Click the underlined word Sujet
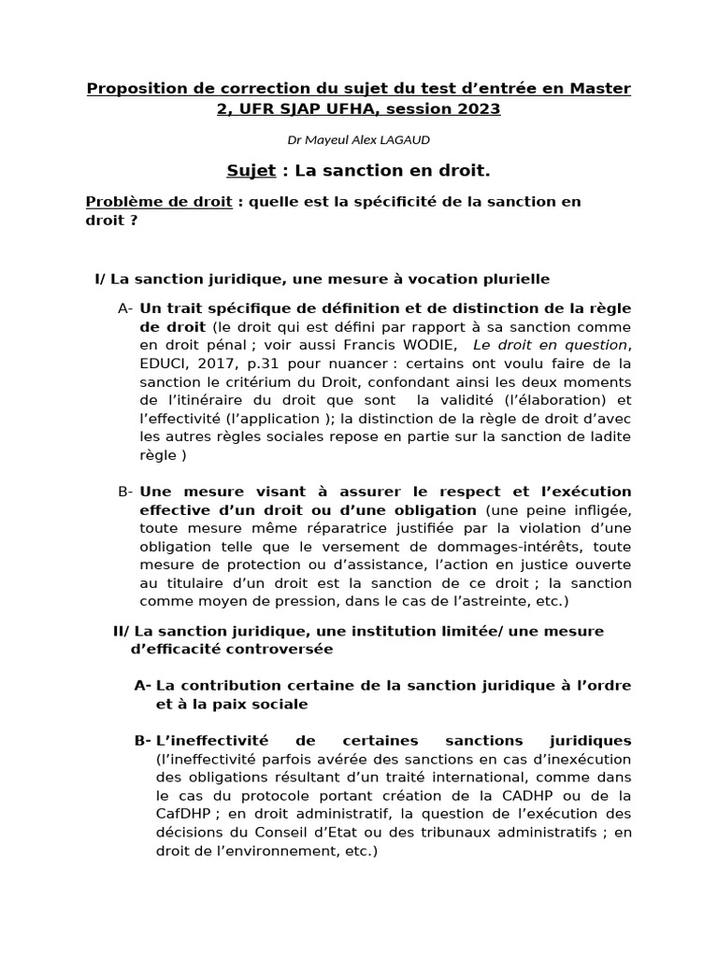coord(251,170)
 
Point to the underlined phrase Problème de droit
coord(159,202)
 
